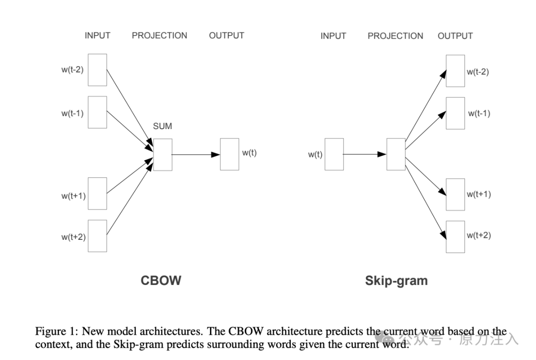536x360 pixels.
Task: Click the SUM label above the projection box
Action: [x=162, y=126]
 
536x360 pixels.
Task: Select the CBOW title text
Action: [x=161, y=281]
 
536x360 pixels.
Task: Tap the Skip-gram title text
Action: [x=396, y=281]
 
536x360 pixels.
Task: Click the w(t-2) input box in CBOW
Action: [x=97, y=70]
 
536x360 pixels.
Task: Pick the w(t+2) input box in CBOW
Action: [x=97, y=236]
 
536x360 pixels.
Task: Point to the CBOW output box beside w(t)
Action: [x=229, y=154]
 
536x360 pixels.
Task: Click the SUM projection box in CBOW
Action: [x=163, y=154]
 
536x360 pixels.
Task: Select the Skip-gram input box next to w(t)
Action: [x=334, y=154]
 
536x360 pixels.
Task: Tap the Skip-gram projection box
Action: [x=396, y=154]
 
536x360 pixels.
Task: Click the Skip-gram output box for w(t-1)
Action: [x=455, y=113]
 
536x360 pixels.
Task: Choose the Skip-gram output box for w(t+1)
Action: [x=455, y=194]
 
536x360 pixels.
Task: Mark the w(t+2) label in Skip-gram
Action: [x=478, y=235]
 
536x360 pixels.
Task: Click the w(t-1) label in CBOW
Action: [x=72, y=113]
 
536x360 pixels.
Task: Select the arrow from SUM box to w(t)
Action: [x=196, y=154]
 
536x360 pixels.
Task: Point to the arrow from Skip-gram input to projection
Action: [x=365, y=154]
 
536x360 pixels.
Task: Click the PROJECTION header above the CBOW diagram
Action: [x=159, y=36]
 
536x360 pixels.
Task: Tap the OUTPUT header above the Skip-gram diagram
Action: [x=455, y=36]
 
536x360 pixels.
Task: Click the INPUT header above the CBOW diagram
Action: [x=97, y=36]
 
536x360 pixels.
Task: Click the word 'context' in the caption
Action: [x=51, y=344]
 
